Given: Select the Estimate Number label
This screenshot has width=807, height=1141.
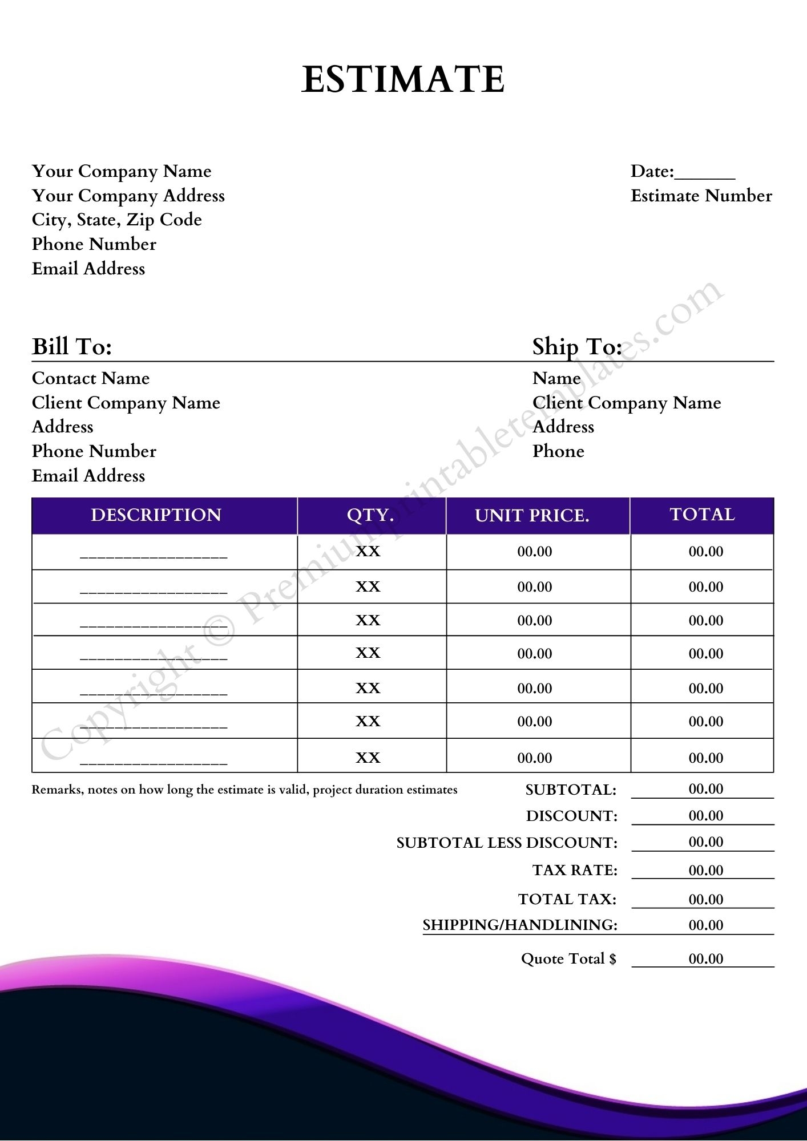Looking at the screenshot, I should tap(701, 196).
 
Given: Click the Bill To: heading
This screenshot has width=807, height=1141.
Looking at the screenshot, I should tap(72, 346).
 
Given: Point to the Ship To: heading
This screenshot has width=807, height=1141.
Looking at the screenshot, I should tap(576, 346).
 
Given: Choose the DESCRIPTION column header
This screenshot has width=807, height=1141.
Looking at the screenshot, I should tap(156, 515).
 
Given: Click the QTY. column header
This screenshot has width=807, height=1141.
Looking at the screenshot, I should tap(370, 515).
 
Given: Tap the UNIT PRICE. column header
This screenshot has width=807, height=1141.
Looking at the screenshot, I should tap(532, 515).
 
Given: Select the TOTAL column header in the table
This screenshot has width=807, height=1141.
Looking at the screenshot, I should tap(702, 515).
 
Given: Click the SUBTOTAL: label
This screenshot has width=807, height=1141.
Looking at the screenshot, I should tap(571, 790).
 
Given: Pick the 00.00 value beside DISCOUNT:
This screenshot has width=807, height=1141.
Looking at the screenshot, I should tap(706, 816).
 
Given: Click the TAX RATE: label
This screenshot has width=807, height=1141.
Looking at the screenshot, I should tap(575, 870).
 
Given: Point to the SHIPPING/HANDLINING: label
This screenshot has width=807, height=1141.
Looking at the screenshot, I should tap(520, 925).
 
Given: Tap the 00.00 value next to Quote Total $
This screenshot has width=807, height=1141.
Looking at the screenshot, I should tap(706, 958).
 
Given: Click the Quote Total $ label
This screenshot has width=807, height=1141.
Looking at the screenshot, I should tap(568, 958).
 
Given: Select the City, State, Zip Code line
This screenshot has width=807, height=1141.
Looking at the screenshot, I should tap(117, 220).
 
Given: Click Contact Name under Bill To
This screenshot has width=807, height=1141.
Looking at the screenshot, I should tap(91, 378).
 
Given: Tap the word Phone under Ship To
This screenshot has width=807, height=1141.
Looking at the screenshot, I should tap(558, 451).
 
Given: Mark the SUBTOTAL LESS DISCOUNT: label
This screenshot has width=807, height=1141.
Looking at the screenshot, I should tap(507, 843).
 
